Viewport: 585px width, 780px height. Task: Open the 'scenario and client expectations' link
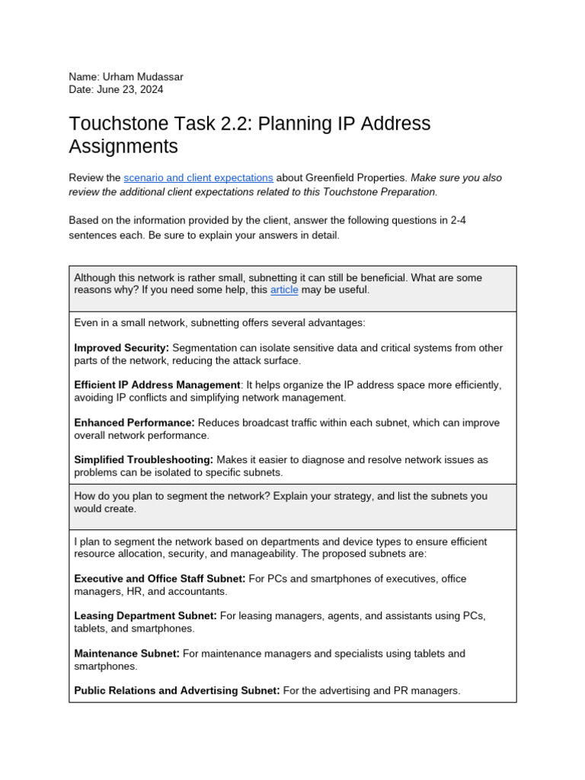[198, 177]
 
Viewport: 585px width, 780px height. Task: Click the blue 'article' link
[284, 290]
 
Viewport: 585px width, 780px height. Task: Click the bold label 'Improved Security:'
[121, 348]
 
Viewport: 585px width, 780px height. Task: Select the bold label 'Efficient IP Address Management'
[157, 385]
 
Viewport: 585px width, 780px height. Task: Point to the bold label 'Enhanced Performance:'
[134, 423]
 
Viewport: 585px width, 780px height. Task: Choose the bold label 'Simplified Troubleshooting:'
[143, 460]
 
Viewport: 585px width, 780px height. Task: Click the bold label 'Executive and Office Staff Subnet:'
[159, 579]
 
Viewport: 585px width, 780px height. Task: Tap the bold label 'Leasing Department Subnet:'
[145, 616]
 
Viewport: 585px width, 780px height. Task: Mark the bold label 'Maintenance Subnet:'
[126, 654]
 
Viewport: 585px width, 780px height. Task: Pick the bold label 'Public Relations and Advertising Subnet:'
[177, 691]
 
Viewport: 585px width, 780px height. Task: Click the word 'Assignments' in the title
[123, 146]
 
